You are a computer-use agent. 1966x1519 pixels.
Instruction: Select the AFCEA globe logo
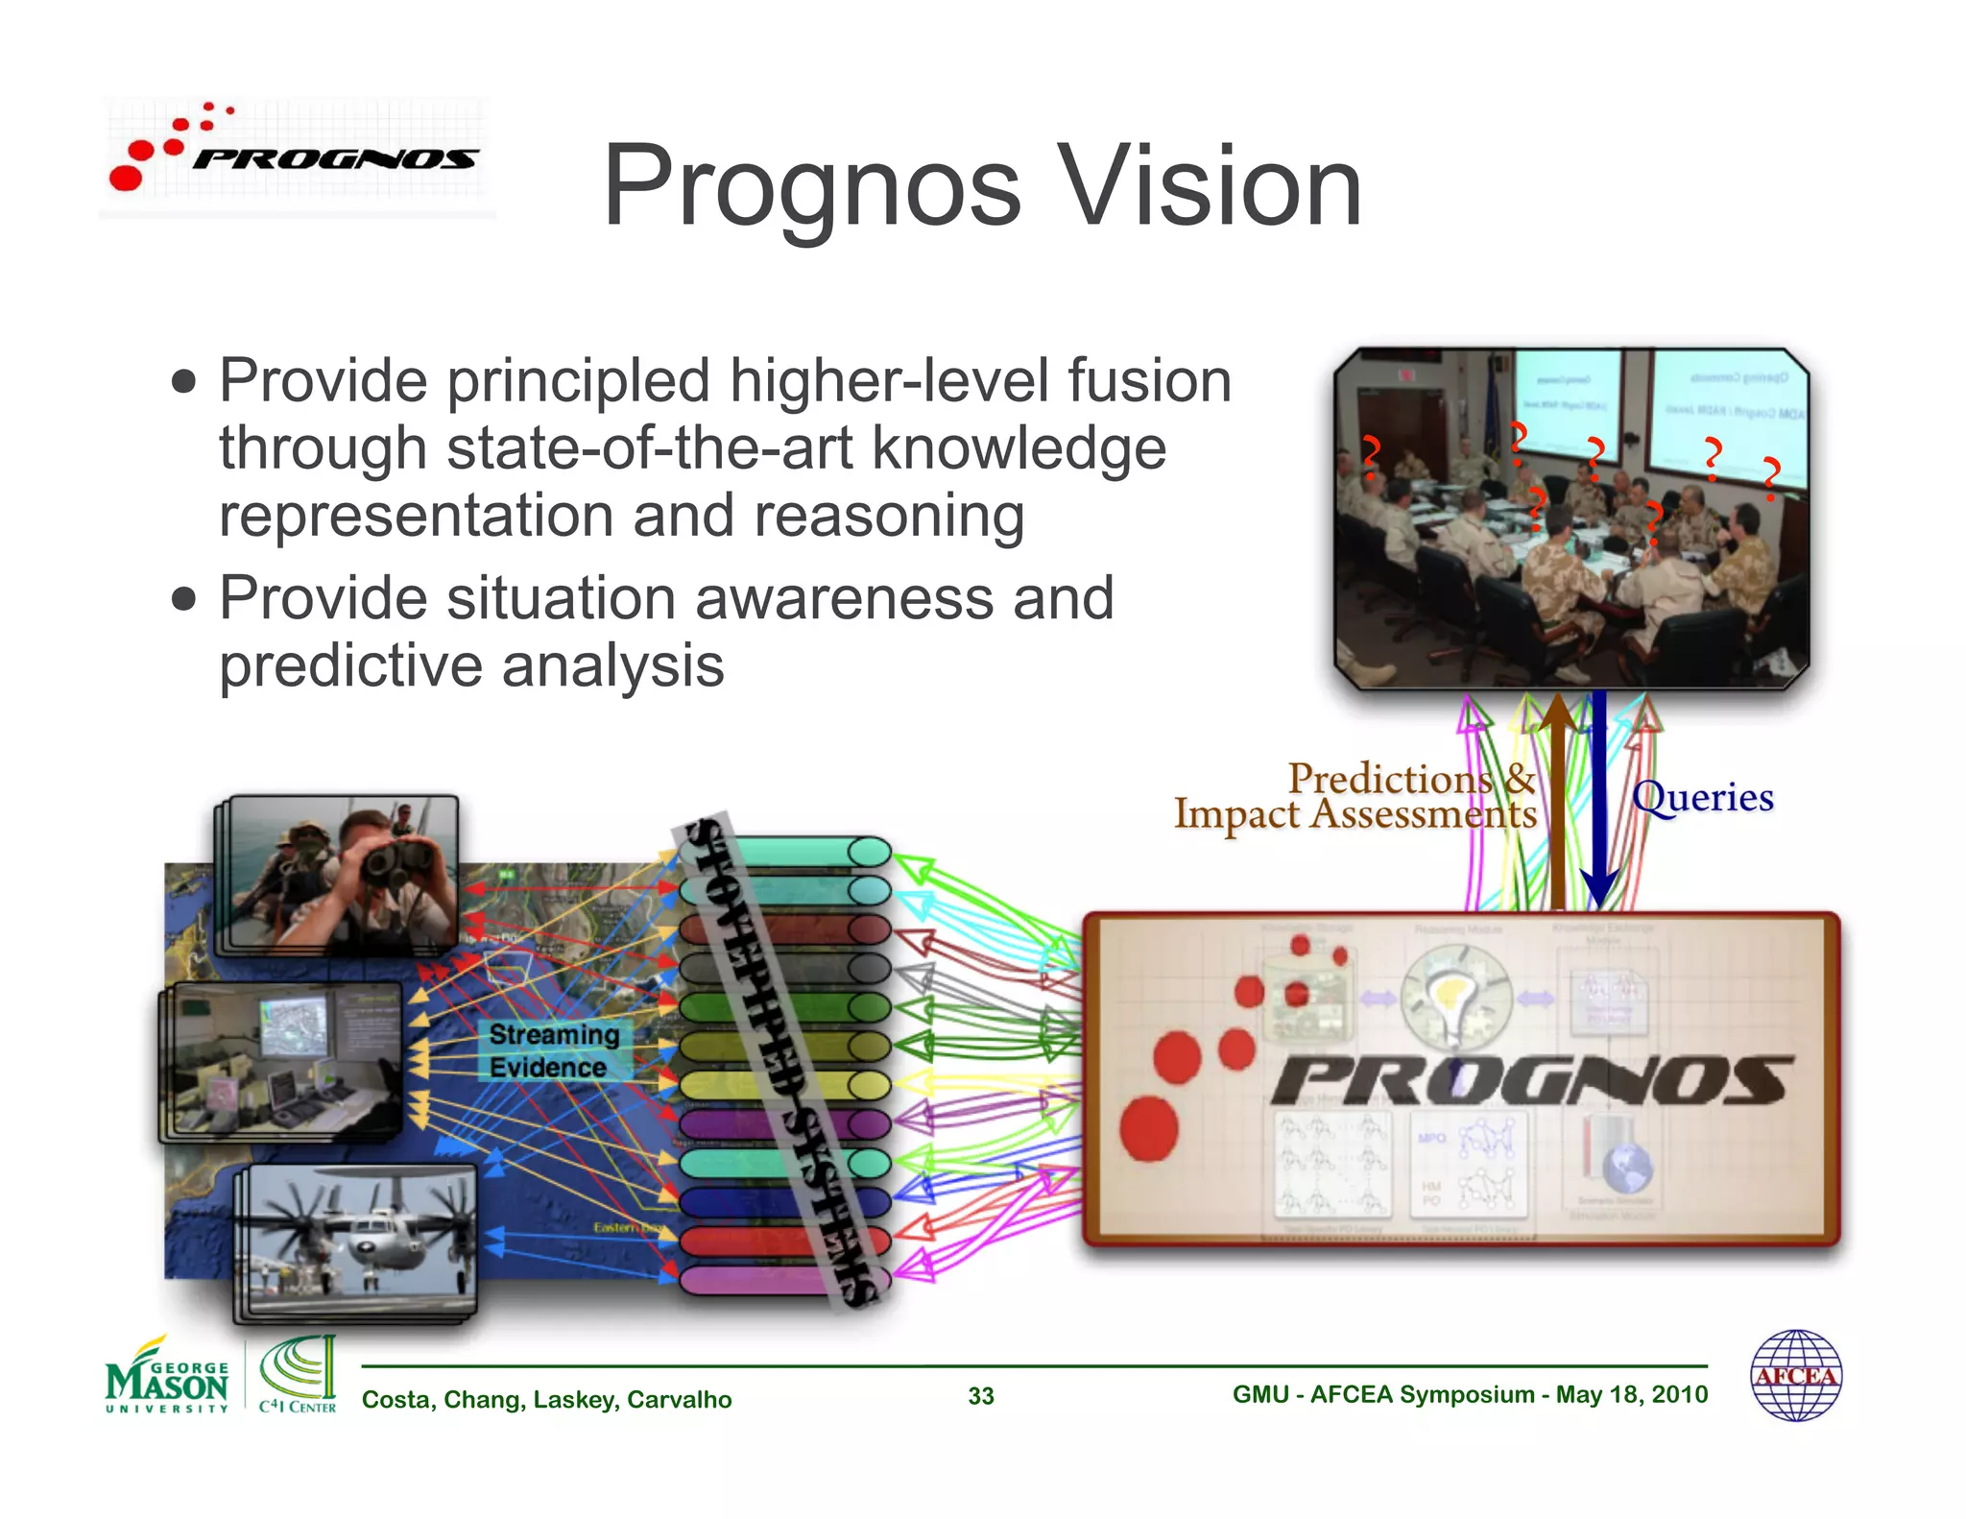tap(1795, 1375)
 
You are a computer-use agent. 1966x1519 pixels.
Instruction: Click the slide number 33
tap(980, 1396)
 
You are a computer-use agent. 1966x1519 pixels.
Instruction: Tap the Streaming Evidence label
tap(554, 1050)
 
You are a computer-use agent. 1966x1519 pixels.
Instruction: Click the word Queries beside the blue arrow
tap(1703, 797)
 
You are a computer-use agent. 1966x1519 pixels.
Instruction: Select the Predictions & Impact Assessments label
tap(1355, 796)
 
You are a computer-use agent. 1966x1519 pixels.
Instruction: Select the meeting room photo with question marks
tap(1571, 518)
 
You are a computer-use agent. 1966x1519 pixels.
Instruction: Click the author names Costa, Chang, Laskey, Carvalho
tap(546, 1399)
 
